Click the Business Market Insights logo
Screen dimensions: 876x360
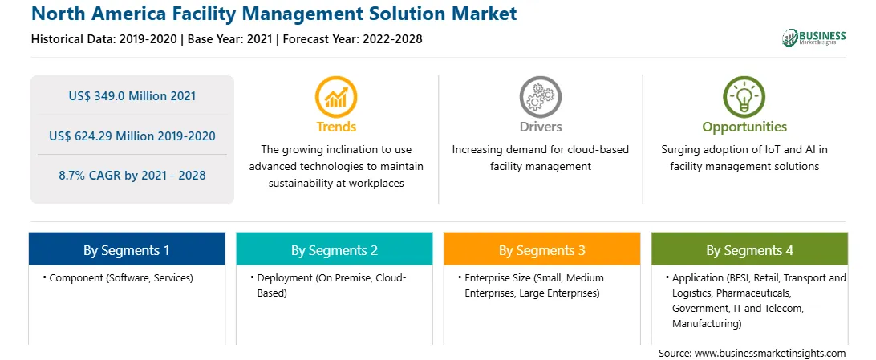click(813, 38)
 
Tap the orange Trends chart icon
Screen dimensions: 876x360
click(336, 96)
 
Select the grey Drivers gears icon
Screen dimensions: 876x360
click(540, 96)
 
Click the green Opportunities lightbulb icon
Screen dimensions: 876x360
click(744, 96)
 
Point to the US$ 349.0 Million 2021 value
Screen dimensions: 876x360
click(132, 96)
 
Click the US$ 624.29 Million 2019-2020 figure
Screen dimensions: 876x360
click(132, 136)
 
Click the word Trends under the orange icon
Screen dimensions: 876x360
click(336, 127)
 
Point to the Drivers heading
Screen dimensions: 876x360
click(540, 127)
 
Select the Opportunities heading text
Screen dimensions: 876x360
click(744, 127)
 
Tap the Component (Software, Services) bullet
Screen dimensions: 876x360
click(118, 278)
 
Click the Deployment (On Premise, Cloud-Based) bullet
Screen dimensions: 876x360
click(329, 285)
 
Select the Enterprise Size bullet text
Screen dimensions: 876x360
click(531, 285)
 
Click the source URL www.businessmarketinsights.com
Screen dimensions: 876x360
click(770, 354)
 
